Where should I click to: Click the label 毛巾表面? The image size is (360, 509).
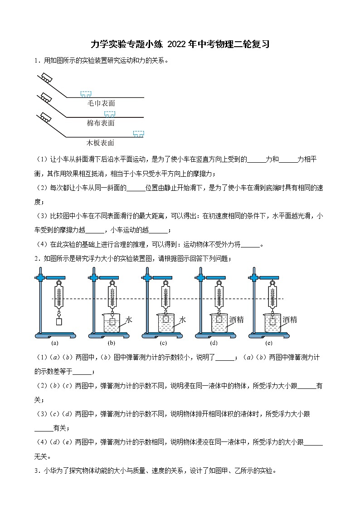coord(101,103)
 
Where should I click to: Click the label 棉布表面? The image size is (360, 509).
coord(101,123)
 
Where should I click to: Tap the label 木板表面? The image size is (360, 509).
coord(101,143)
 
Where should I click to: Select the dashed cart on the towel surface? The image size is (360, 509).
coord(86,94)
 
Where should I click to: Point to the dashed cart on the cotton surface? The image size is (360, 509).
coord(109,113)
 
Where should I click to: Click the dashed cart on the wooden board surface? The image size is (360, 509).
coord(138,133)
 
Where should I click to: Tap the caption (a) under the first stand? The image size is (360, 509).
coord(55,343)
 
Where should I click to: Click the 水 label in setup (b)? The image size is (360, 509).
coord(129,320)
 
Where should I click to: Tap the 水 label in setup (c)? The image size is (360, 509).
coord(182,320)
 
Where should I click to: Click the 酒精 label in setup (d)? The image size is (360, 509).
coord(237,320)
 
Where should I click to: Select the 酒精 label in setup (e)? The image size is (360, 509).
coord(290,320)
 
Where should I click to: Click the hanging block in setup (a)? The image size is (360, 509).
coord(58,322)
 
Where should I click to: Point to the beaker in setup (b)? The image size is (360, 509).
coord(112,323)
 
